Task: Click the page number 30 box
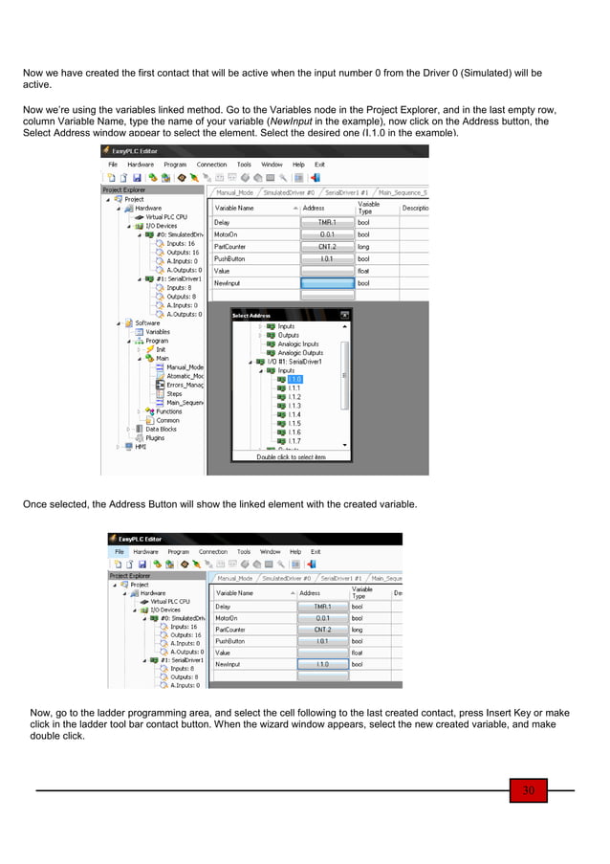point(526,790)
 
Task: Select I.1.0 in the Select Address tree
point(295,379)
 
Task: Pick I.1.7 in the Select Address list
point(295,441)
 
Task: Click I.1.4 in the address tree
point(295,414)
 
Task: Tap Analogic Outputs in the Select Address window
point(301,353)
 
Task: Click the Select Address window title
point(252,315)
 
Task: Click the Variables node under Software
point(158,332)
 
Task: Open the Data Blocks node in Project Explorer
point(161,429)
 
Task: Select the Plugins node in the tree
point(155,438)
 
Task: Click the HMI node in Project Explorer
point(141,447)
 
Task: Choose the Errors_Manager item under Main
point(185,385)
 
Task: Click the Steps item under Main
point(174,393)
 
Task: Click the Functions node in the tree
point(168,411)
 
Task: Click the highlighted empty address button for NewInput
point(326,283)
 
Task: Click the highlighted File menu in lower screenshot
point(120,552)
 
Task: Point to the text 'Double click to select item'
point(291,457)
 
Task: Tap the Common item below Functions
point(167,420)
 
